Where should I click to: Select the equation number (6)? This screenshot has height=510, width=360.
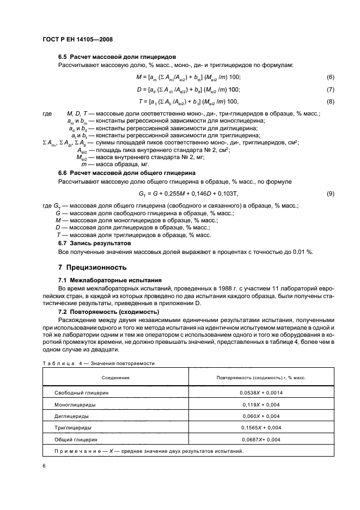pyautogui.click(x=330, y=77)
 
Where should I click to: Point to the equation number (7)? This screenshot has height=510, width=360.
pyautogui.click(x=330, y=89)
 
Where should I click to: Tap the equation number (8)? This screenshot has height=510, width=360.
pyautogui.click(x=330, y=101)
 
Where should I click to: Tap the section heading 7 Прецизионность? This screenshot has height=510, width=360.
pyautogui.click(x=92, y=268)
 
